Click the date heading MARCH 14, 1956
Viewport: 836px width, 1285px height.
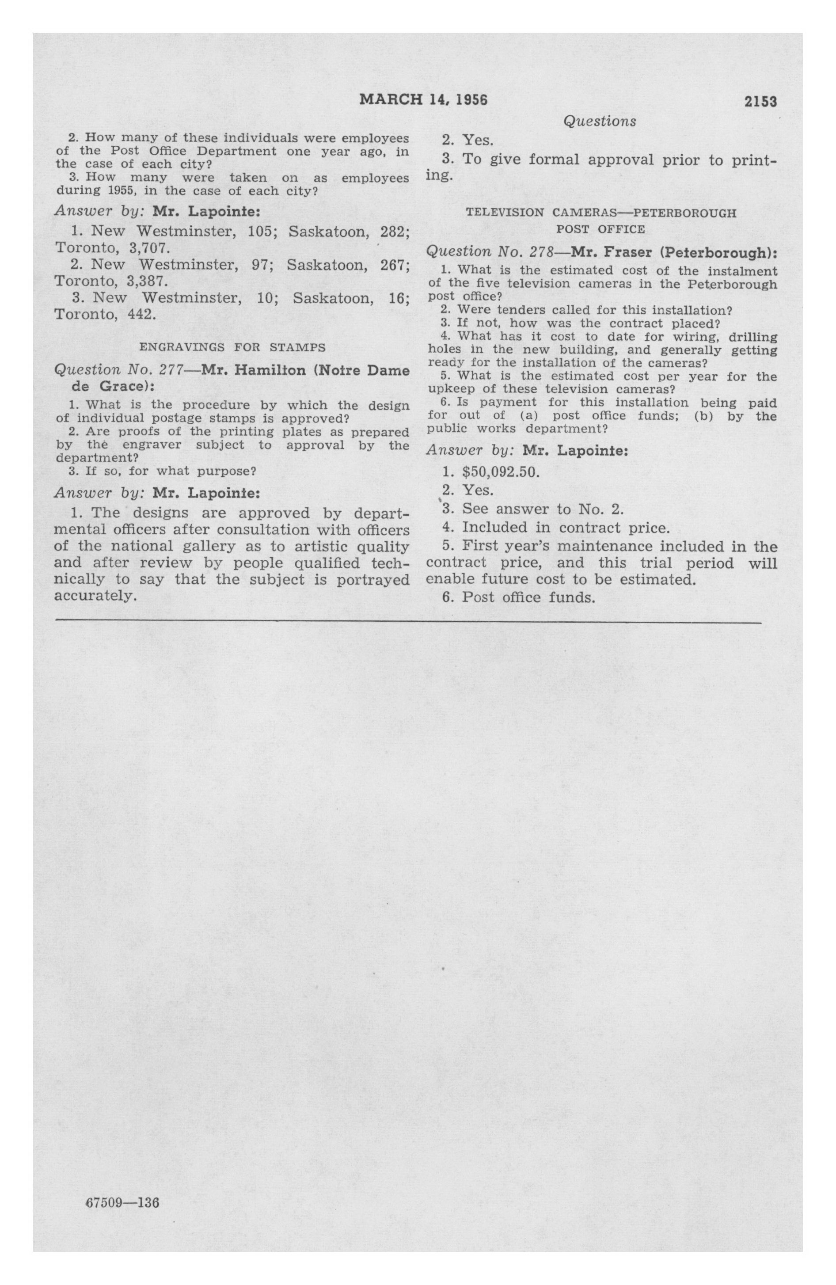click(x=423, y=100)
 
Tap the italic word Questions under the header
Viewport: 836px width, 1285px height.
click(x=600, y=121)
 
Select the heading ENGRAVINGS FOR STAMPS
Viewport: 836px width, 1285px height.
click(x=232, y=348)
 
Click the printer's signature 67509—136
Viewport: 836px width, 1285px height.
click(x=122, y=1202)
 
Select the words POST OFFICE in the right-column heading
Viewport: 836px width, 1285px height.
click(x=600, y=229)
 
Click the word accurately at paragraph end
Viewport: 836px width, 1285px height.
click(x=94, y=597)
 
